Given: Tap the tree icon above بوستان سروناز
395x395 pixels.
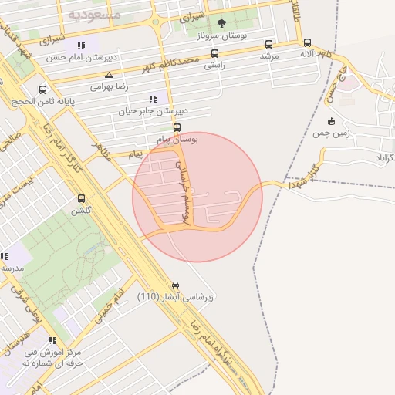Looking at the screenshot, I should tap(222, 24).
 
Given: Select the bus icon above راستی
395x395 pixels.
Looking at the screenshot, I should tap(214, 54).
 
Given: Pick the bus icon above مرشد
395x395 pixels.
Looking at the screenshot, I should tap(268, 44).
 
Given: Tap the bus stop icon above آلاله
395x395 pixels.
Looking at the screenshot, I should tap(308, 43).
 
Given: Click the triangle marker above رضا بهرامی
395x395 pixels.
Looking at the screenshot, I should tap(109, 75).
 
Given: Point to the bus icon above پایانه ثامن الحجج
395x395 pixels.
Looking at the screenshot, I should tap(42, 89).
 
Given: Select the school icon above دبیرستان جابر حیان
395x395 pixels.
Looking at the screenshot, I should tap(153, 98).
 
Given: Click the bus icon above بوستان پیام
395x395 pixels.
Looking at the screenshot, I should tap(177, 127).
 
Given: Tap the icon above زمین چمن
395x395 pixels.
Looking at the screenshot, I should tap(331, 120).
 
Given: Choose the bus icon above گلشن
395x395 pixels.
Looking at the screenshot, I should tap(81, 198).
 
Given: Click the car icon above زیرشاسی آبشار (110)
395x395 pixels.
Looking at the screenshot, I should tap(176, 285).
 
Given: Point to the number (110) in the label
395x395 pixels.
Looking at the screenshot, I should tap(149, 297).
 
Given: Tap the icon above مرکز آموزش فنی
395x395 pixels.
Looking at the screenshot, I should tap(52, 340).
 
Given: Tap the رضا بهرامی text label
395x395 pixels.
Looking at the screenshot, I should tap(108, 87).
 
